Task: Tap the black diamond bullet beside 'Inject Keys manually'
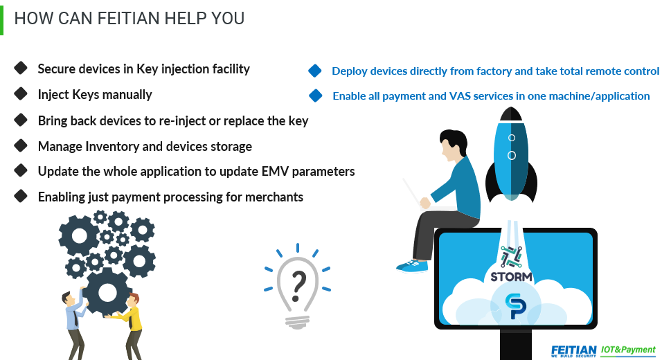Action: coord(21,93)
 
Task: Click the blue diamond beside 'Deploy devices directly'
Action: coord(315,71)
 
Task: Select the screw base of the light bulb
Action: coord(297,323)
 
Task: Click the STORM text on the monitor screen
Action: coord(511,277)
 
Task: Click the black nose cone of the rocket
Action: coord(511,114)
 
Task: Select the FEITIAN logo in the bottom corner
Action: coord(574,351)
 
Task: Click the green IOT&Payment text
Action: coord(628,350)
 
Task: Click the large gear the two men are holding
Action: coord(107,292)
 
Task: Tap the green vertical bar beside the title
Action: coord(1,20)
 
